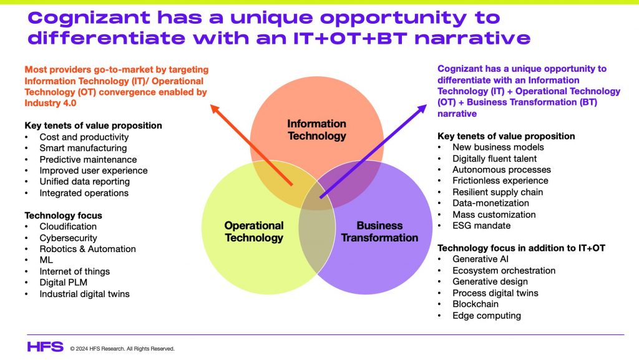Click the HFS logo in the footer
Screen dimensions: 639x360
pyautogui.click(x=45, y=347)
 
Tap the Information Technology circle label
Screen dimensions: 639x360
pyautogui.click(x=316, y=130)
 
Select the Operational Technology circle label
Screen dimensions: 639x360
pyautogui.click(x=254, y=231)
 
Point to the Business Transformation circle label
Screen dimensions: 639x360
pyautogui.click(x=379, y=231)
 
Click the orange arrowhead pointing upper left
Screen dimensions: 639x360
pyautogui.click(x=215, y=109)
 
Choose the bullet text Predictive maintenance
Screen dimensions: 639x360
pyautogui.click(x=88, y=160)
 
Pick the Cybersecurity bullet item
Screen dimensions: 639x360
pyautogui.click(x=68, y=238)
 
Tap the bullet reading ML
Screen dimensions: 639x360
pyautogui.click(x=46, y=260)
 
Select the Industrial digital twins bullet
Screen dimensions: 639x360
pyautogui.click(x=84, y=294)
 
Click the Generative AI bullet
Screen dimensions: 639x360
pyautogui.click(x=480, y=259)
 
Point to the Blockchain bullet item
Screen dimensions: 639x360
pyautogui.click(x=475, y=304)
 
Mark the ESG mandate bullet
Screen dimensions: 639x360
pyautogui.click(x=481, y=226)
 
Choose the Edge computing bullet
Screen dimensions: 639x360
pyautogui.click(x=487, y=316)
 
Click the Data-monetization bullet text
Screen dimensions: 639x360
pyautogui.click(x=490, y=203)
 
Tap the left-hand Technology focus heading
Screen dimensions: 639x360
pyautogui.click(x=63, y=215)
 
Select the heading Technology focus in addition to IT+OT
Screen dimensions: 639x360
pyautogui.click(x=521, y=248)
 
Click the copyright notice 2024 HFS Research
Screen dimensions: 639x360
pyautogui.click(x=122, y=349)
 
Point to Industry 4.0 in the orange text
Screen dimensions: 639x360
pyautogui.click(x=50, y=103)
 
